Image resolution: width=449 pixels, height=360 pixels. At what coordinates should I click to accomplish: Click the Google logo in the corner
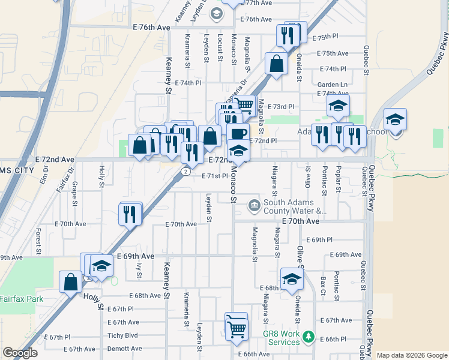click(20, 353)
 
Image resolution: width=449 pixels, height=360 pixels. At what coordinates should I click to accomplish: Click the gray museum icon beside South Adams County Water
click(255, 206)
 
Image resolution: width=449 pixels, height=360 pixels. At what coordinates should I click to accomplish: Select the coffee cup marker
click(238, 133)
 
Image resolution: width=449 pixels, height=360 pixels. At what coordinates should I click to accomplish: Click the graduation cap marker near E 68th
click(292, 280)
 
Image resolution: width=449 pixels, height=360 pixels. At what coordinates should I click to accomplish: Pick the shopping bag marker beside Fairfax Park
click(71, 282)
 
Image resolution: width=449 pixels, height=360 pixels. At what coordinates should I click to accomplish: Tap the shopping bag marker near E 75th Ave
click(276, 64)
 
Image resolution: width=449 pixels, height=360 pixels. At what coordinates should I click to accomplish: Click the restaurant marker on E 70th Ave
click(130, 215)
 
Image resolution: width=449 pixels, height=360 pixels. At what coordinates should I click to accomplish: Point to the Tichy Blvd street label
click(122, 335)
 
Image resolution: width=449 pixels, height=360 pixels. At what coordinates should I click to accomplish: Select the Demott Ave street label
click(124, 349)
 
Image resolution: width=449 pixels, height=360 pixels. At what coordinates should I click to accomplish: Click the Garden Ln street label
click(333, 85)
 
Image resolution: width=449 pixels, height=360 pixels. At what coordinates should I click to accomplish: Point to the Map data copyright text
click(411, 355)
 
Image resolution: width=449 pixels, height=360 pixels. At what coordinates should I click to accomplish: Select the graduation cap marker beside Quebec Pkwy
click(396, 120)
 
